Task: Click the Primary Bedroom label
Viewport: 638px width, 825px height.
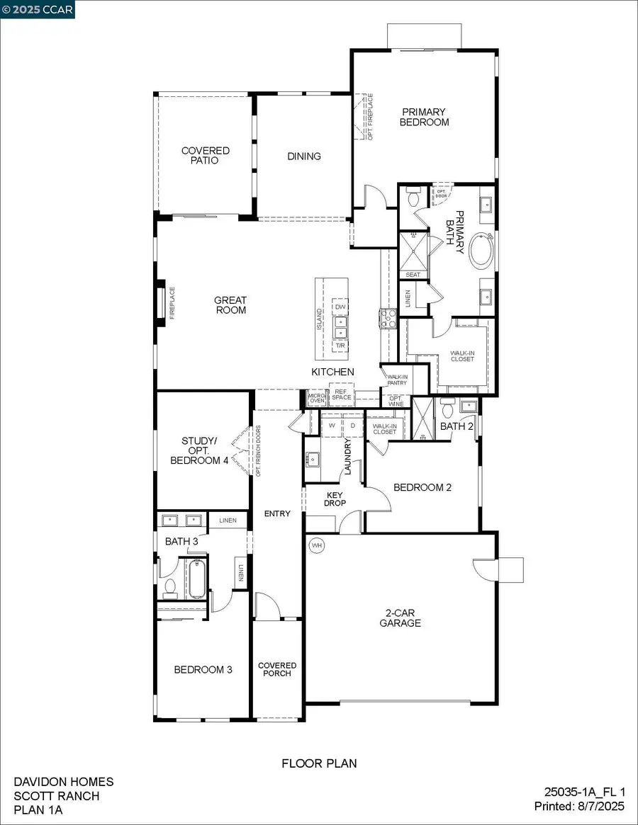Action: click(x=424, y=117)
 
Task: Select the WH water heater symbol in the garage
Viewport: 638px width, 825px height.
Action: click(x=316, y=546)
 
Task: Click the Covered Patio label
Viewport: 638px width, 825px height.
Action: click(x=206, y=156)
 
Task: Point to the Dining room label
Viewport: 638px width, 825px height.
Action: click(x=304, y=157)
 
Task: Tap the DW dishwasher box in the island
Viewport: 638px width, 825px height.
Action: click(x=340, y=307)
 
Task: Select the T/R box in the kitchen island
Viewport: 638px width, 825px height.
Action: click(x=340, y=345)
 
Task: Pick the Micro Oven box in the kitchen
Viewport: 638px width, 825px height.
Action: click(x=316, y=397)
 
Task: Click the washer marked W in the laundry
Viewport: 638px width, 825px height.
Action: click(x=332, y=427)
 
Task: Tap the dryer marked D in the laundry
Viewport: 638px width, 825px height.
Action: click(x=353, y=427)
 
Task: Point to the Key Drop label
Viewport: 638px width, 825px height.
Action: click(x=335, y=499)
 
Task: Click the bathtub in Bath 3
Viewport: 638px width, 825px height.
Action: click(x=196, y=578)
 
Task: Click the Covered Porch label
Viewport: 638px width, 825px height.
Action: click(x=277, y=669)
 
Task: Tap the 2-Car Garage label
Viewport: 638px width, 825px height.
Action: click(x=400, y=618)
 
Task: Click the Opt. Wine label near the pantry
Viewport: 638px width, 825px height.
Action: click(x=396, y=400)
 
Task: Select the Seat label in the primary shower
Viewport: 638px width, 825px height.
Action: click(x=413, y=275)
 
